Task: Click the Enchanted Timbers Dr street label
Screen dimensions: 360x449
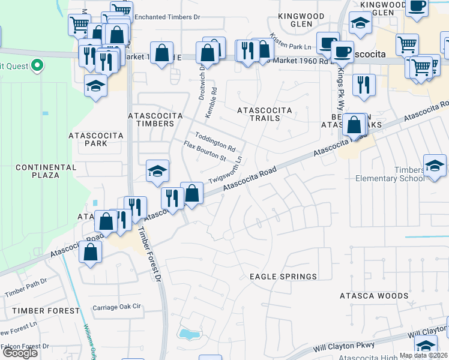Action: (x=166, y=17)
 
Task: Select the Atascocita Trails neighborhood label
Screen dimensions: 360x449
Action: (x=265, y=114)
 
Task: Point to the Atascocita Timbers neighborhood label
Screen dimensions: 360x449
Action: (x=151, y=119)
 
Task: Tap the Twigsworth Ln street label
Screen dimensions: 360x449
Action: (x=225, y=171)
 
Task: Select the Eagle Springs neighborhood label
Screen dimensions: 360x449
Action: (x=283, y=277)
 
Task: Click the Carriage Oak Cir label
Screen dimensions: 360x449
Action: (x=116, y=307)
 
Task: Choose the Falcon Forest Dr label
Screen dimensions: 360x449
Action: (x=25, y=346)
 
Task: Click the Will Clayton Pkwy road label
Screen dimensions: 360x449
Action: (x=344, y=346)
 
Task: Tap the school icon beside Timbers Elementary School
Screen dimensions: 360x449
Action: (x=435, y=165)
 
